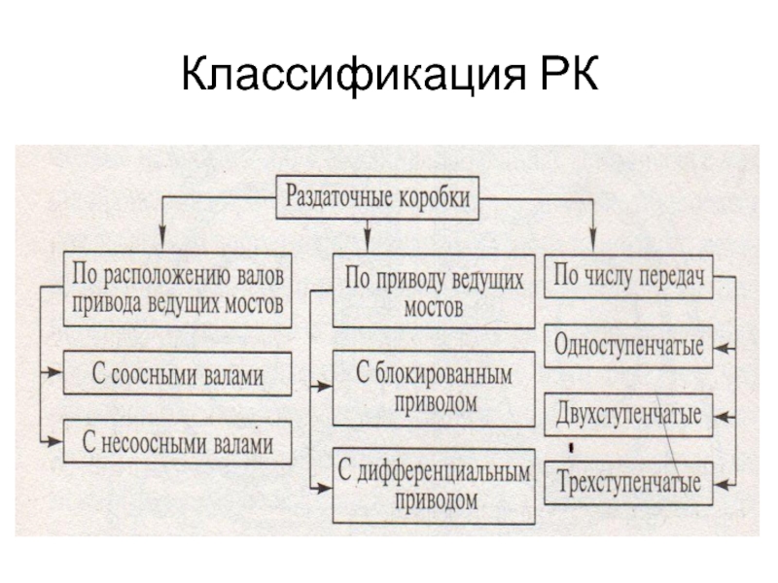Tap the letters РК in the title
point(565,76)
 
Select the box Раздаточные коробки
point(377,197)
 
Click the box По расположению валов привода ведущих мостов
point(178,290)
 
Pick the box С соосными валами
point(178,372)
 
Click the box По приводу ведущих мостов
point(434,291)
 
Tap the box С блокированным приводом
point(434,389)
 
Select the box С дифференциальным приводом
point(434,487)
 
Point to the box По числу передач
point(628,278)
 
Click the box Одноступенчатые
point(628,345)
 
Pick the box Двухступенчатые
point(628,415)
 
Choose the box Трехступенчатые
point(628,483)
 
